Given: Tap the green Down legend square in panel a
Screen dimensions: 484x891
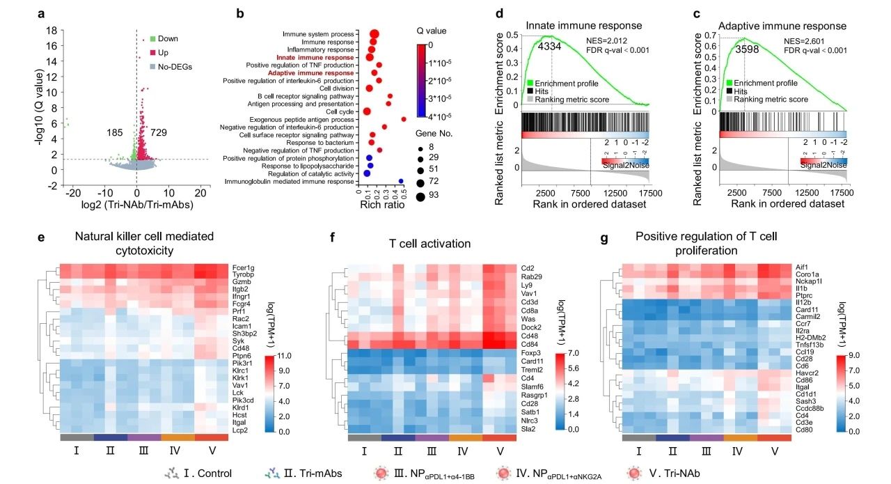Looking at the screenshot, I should point(152,38).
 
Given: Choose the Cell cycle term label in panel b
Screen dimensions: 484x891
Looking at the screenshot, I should point(341,111).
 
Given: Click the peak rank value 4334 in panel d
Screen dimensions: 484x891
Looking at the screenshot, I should point(553,47).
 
